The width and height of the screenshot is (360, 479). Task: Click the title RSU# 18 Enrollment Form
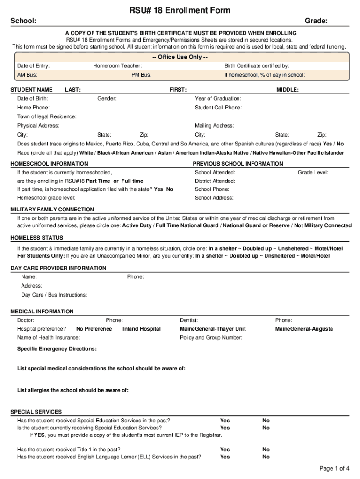click(180, 10)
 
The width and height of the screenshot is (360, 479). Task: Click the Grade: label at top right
click(316, 21)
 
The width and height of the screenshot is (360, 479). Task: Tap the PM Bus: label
click(142, 75)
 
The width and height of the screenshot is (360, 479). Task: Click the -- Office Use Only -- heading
click(180, 57)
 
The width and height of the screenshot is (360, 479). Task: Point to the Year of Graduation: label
click(218, 99)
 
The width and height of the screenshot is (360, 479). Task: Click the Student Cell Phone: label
click(218, 108)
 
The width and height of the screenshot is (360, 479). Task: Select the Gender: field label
click(107, 99)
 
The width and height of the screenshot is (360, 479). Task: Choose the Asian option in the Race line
click(165, 153)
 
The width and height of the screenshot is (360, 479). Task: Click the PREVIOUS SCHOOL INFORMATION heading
click(238, 164)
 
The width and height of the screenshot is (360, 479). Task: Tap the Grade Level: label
click(313, 173)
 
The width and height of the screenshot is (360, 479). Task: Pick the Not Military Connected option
click(322, 225)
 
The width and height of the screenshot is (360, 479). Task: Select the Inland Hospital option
click(141, 329)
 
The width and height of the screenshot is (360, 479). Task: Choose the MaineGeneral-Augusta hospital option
click(304, 329)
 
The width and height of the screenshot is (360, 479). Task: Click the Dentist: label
click(189, 320)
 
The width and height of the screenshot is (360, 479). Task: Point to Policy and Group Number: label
click(211, 338)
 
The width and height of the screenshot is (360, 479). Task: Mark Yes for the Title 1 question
click(225, 450)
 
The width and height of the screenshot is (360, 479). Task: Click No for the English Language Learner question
click(266, 457)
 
